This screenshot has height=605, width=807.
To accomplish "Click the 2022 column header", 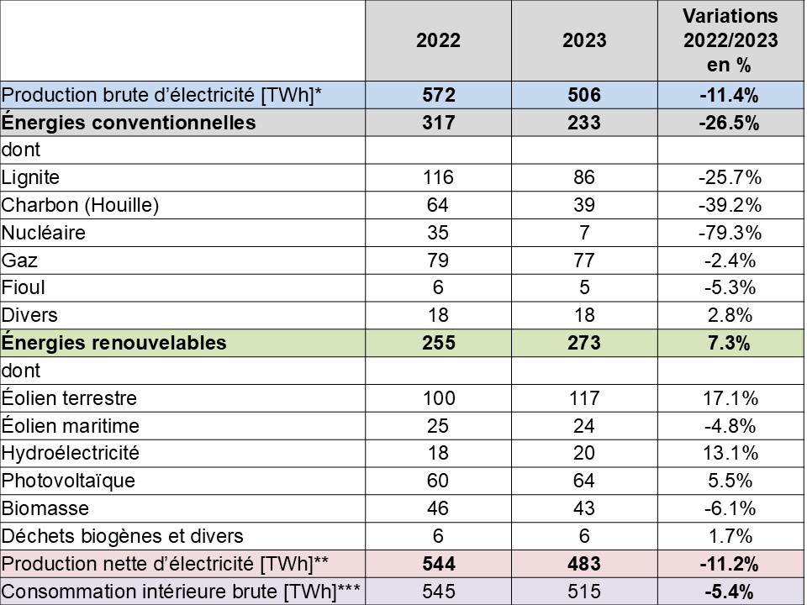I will tap(438, 41).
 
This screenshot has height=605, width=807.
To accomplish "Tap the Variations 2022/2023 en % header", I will tap(729, 40).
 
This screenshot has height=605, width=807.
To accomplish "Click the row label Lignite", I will tap(32, 177).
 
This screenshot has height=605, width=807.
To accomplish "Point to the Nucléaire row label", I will tap(43, 232).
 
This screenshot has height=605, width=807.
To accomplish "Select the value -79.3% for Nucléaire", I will tap(729, 232).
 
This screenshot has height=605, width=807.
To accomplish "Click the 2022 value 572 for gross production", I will tap(438, 95).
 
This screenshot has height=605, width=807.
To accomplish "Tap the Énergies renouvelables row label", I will tap(114, 343).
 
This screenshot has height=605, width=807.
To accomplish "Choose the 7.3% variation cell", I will tap(729, 343).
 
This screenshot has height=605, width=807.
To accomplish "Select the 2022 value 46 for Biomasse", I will tap(438, 508).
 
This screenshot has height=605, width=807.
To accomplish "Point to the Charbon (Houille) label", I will tap(81, 205).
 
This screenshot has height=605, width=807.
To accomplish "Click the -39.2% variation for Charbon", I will tap(729, 205).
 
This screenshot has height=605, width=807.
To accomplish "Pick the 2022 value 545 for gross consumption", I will tap(438, 592).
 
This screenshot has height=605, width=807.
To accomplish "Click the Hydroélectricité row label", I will tap(71, 453).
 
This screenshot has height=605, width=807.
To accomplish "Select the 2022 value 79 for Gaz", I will tap(438, 260).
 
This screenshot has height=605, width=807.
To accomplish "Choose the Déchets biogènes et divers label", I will tap(123, 536).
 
